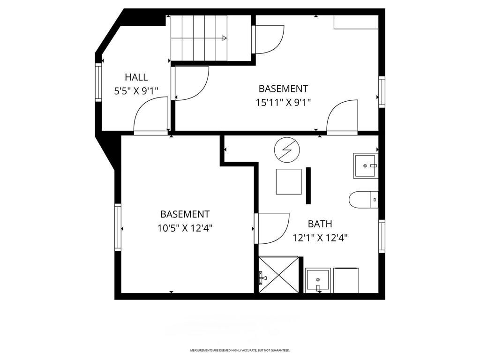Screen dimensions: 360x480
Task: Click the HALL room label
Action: click(x=136, y=77)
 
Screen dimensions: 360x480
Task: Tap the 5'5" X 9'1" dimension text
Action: click(x=136, y=91)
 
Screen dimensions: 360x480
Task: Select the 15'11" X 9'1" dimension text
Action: click(x=283, y=102)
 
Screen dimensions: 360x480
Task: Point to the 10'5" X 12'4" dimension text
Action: click(x=185, y=228)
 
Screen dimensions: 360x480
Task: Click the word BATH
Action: click(x=320, y=224)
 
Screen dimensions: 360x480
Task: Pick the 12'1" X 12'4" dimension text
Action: click(x=320, y=238)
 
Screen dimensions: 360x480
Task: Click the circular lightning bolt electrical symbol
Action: click(x=286, y=150)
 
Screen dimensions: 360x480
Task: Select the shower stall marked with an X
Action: click(x=278, y=275)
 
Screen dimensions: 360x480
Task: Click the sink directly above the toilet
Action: click(x=365, y=165)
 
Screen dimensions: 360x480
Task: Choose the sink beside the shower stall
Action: click(x=318, y=280)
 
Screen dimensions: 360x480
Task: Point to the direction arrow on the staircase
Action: click(x=224, y=38)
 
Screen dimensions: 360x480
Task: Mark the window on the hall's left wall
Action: click(x=98, y=82)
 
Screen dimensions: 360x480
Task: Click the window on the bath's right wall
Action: click(x=382, y=236)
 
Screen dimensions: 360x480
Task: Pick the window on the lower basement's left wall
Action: click(x=118, y=227)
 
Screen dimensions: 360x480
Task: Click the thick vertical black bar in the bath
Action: click(x=308, y=185)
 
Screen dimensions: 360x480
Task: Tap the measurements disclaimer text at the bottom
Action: click(x=240, y=350)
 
